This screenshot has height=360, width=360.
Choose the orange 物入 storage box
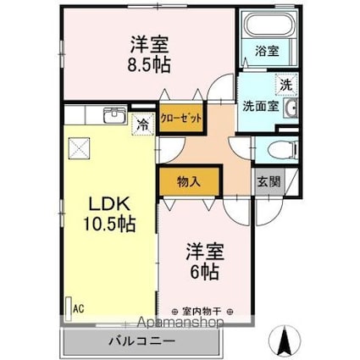click(x=189, y=180)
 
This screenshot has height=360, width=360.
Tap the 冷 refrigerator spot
click(x=142, y=124)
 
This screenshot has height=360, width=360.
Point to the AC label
click(x=78, y=310)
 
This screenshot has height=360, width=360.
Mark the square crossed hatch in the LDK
click(x=80, y=149)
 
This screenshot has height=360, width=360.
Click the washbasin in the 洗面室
click(x=292, y=108)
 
